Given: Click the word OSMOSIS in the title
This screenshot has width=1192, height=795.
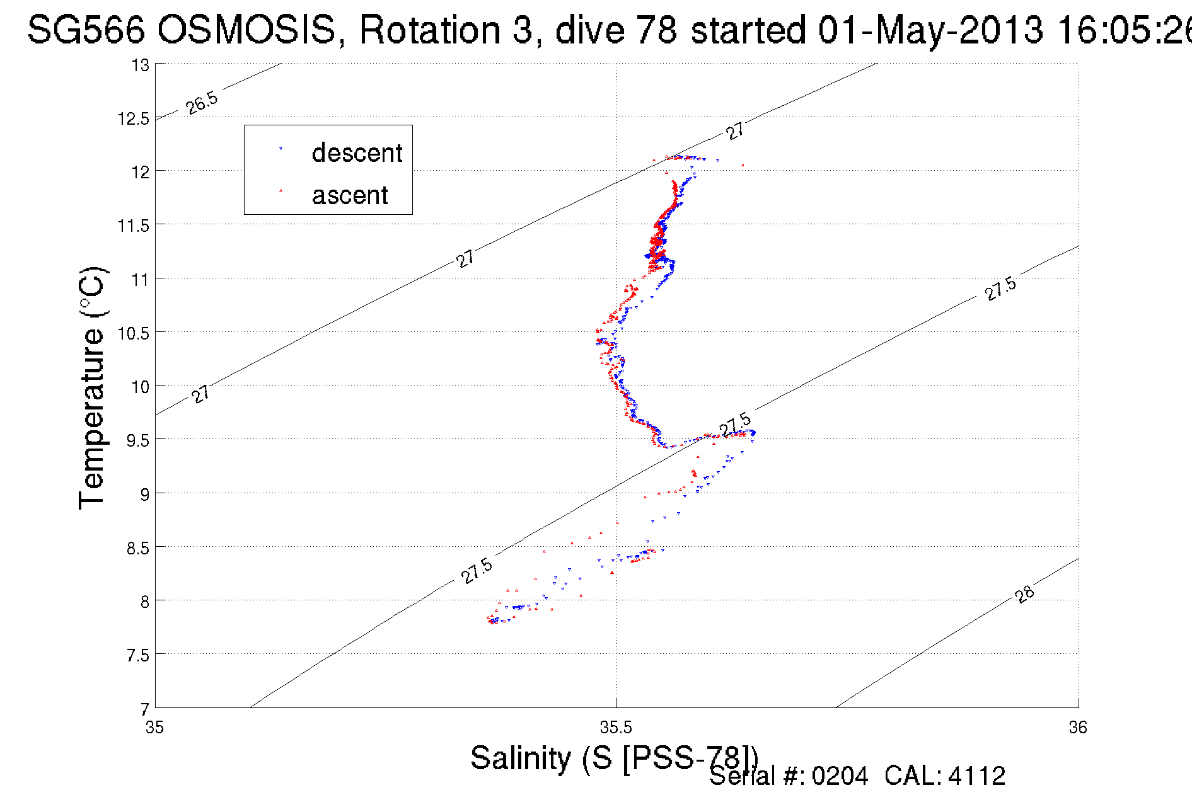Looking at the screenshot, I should (246, 30).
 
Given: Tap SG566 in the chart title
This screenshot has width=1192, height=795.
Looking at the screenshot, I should (86, 30).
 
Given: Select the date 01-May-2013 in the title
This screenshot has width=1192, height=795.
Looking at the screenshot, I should (930, 30).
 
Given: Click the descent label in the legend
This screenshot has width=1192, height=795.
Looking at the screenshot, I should (357, 153).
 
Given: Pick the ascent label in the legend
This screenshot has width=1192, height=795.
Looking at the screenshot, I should (350, 195).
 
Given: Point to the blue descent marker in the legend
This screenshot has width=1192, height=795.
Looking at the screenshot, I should (281, 149).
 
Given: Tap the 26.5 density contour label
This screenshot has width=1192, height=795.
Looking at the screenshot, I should (202, 103).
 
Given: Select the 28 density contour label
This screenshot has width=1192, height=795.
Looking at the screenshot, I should (1025, 594).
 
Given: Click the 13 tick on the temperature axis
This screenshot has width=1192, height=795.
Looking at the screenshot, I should (141, 65).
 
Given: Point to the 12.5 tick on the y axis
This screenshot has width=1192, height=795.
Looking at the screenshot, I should (133, 119).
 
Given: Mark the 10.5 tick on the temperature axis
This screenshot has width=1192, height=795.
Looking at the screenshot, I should (133, 333).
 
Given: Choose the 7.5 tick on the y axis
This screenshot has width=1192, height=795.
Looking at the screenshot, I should (137, 656).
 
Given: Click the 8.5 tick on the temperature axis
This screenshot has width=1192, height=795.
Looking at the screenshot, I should (137, 548).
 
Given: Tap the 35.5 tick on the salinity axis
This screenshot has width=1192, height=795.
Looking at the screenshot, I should (616, 728).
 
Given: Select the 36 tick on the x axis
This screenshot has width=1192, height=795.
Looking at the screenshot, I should (1078, 728).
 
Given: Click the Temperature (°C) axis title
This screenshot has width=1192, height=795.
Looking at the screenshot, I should (92, 388).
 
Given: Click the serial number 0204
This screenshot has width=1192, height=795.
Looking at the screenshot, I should (840, 776).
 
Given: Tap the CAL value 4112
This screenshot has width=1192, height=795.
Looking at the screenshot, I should (976, 776).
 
